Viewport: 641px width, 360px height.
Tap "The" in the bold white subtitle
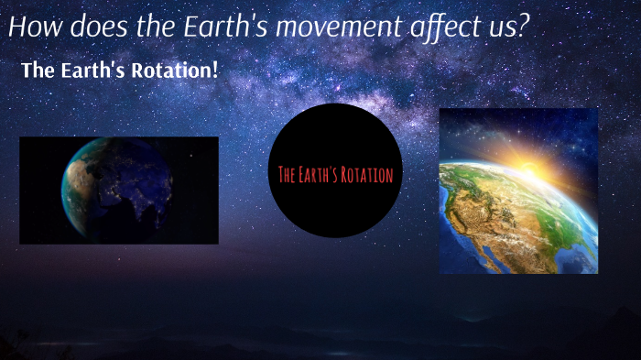click(x=38, y=71)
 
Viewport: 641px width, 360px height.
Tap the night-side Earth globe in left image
click(x=116, y=191)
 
